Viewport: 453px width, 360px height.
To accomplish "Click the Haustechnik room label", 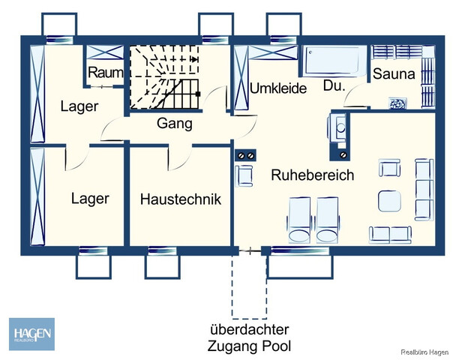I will (x=181, y=199).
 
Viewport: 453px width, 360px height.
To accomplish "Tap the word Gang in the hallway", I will (x=174, y=124).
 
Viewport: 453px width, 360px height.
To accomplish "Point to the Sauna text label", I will (x=393, y=74).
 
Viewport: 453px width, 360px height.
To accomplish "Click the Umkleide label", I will (x=278, y=88).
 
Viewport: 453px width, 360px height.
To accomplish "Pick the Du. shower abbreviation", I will (x=334, y=86).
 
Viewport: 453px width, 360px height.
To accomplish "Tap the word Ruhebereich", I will (x=312, y=175).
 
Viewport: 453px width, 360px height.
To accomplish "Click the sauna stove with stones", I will (x=394, y=103).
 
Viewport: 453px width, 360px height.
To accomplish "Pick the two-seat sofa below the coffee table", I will (x=390, y=233).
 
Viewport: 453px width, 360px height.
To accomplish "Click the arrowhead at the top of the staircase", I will (x=194, y=57).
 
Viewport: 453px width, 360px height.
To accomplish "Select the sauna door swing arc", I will (x=355, y=96).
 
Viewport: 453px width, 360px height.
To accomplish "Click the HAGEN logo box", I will (x=31, y=334).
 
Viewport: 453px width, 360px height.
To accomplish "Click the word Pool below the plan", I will (x=276, y=346).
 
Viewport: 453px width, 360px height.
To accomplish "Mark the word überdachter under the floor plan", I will (x=250, y=330).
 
